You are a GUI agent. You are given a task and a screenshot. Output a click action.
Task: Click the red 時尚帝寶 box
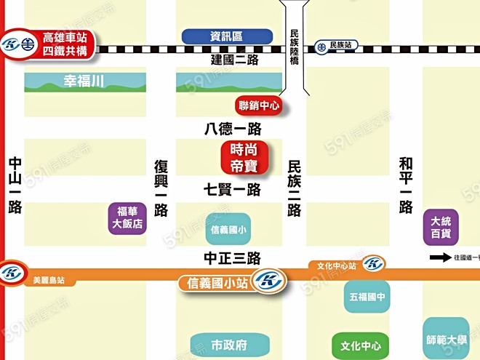point(245,158)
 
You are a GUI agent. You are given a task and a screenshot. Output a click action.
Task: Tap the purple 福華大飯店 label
point(127,217)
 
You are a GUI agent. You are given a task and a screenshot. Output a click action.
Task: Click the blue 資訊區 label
point(226,36)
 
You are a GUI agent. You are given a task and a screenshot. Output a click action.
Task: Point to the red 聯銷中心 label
point(259,105)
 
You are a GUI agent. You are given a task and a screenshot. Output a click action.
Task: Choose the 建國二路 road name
point(235,60)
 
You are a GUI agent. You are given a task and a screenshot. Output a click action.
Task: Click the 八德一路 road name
point(232,129)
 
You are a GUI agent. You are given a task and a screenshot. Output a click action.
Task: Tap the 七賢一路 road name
point(232,190)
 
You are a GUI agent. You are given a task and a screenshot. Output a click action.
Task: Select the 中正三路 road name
point(232,258)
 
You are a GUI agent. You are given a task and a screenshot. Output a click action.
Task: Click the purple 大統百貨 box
point(441,227)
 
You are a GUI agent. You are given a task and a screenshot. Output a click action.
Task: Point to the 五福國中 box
point(367,297)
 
